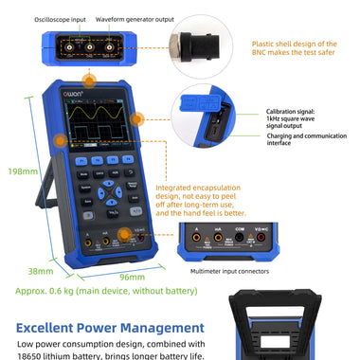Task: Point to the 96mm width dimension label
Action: pyautogui.click(x=132, y=278)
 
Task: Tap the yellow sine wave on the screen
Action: pyautogui.click(x=95, y=115)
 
